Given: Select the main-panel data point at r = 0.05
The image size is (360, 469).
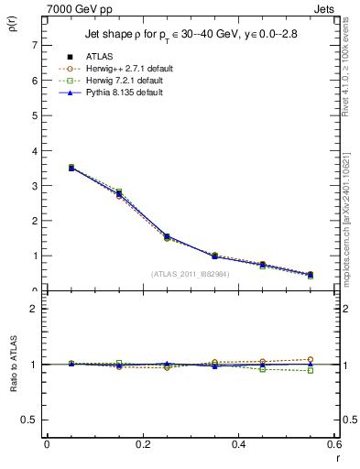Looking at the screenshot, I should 71,168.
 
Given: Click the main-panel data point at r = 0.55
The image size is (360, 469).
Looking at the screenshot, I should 311,275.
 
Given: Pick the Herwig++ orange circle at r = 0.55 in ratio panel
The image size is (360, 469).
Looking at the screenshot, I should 311,359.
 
